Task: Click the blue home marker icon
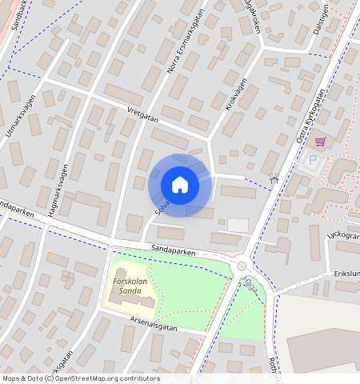(180, 185)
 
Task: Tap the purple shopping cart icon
(320, 142)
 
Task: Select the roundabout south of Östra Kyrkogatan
(241, 266)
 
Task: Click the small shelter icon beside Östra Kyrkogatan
(274, 179)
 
